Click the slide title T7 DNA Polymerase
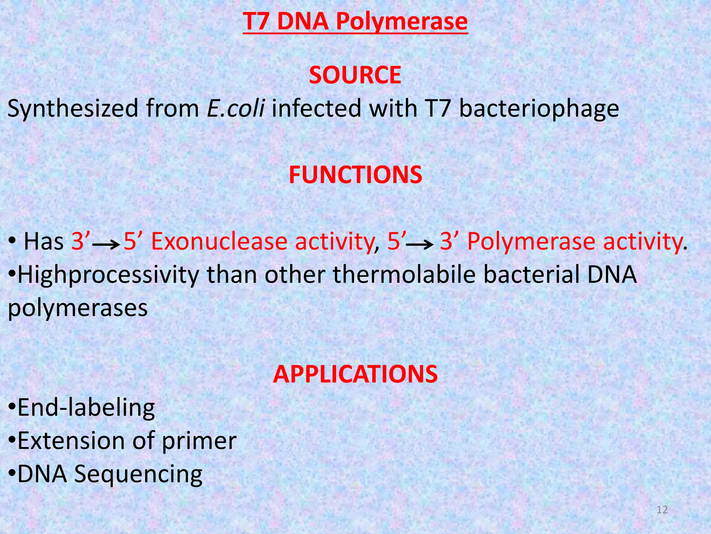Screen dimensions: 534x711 click(355, 22)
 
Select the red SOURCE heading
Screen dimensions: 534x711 click(355, 75)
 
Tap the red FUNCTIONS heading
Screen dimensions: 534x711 click(355, 175)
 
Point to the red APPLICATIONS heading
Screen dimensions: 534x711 click(355, 374)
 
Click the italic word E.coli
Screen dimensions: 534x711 click(236, 108)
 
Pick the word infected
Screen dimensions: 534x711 click(316, 108)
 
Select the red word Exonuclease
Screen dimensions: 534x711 click(219, 241)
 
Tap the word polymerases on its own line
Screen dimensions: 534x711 click(78, 308)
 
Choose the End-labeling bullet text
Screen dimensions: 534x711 click(86, 408)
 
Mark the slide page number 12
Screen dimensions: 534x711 click(662, 510)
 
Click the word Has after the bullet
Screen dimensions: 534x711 click(44, 241)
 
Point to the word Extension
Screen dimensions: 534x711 click(72, 441)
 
